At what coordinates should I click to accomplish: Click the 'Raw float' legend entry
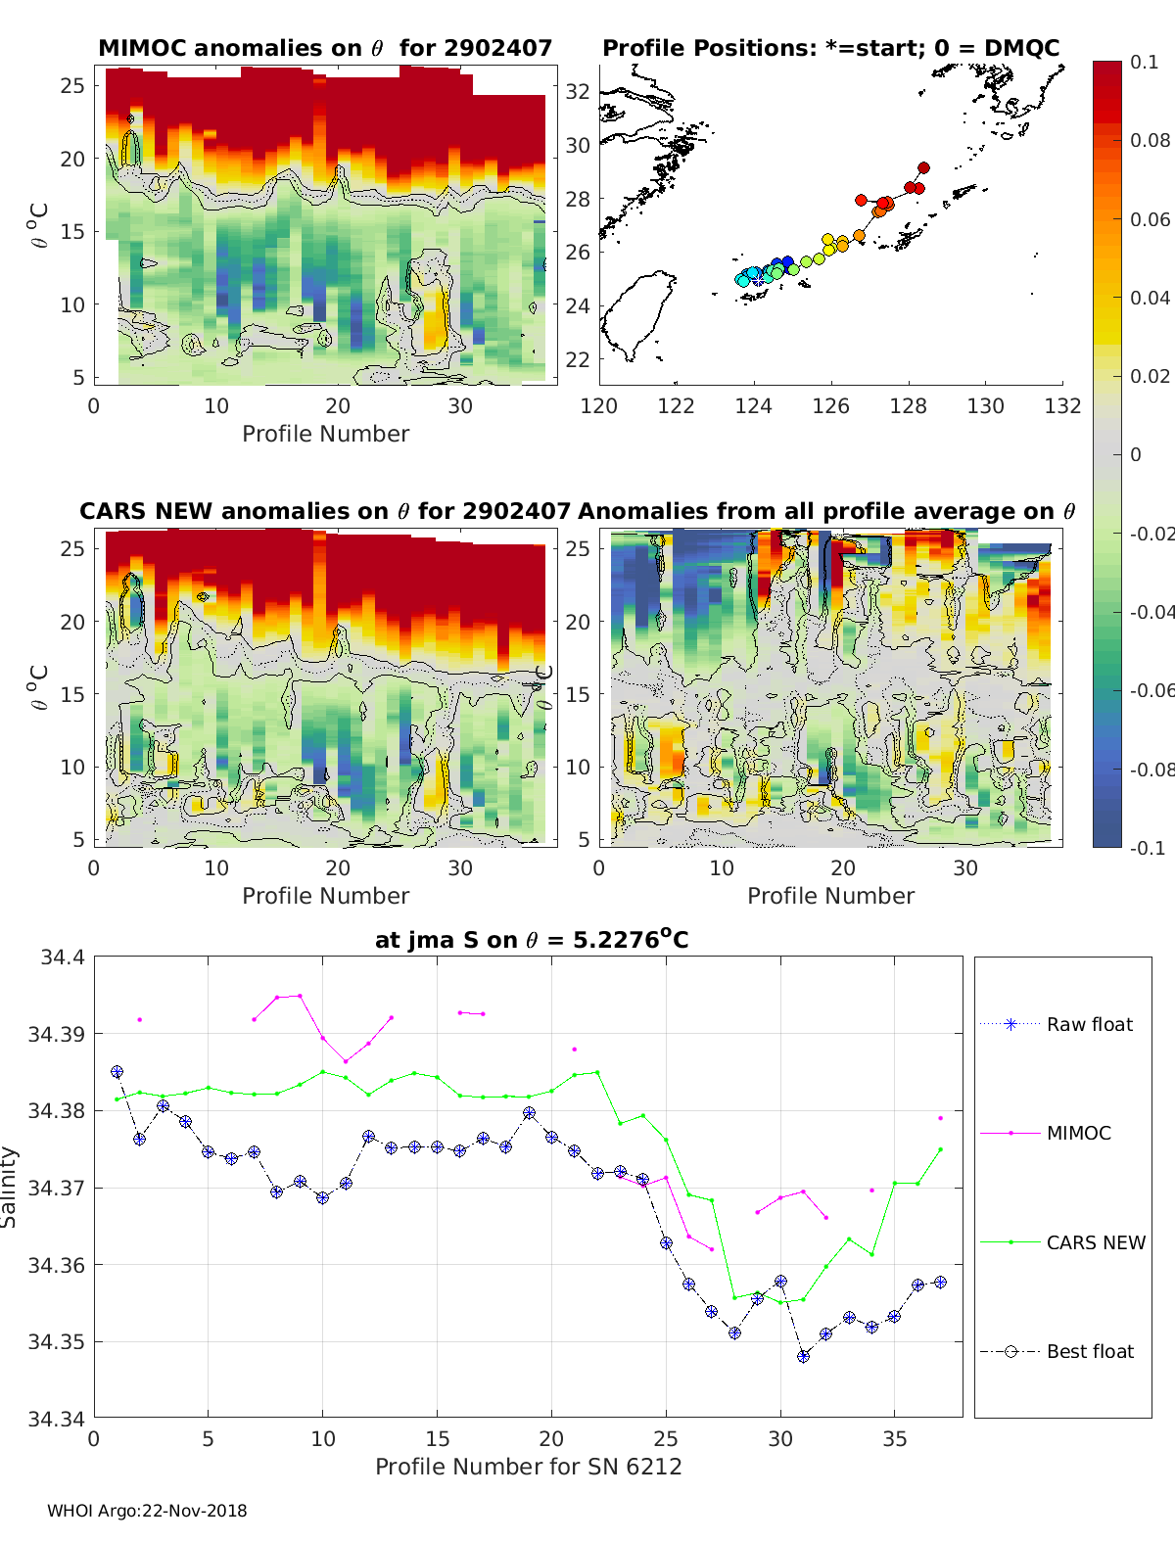[x=1089, y=1024]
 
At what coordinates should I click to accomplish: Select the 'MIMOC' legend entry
[x=1078, y=1133]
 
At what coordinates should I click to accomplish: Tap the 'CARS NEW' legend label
[x=1096, y=1242]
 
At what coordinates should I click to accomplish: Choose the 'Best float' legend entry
[x=1090, y=1351]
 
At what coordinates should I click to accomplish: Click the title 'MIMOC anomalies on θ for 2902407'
[x=325, y=48]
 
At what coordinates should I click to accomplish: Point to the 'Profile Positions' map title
[x=830, y=48]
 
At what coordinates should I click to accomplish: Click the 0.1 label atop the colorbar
[x=1144, y=62]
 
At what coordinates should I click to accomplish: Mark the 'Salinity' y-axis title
[x=10, y=1188]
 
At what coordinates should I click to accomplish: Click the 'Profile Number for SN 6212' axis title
[x=528, y=1466]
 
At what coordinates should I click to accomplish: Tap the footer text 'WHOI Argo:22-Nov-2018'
[x=147, y=1511]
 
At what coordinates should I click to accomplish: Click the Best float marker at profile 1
[x=117, y=1072]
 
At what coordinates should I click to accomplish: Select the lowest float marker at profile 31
[x=803, y=1356]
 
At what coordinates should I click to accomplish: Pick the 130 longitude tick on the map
[x=985, y=406]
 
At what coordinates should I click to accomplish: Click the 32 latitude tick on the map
[x=578, y=91]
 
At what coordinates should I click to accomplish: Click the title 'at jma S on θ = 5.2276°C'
[x=532, y=940]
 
